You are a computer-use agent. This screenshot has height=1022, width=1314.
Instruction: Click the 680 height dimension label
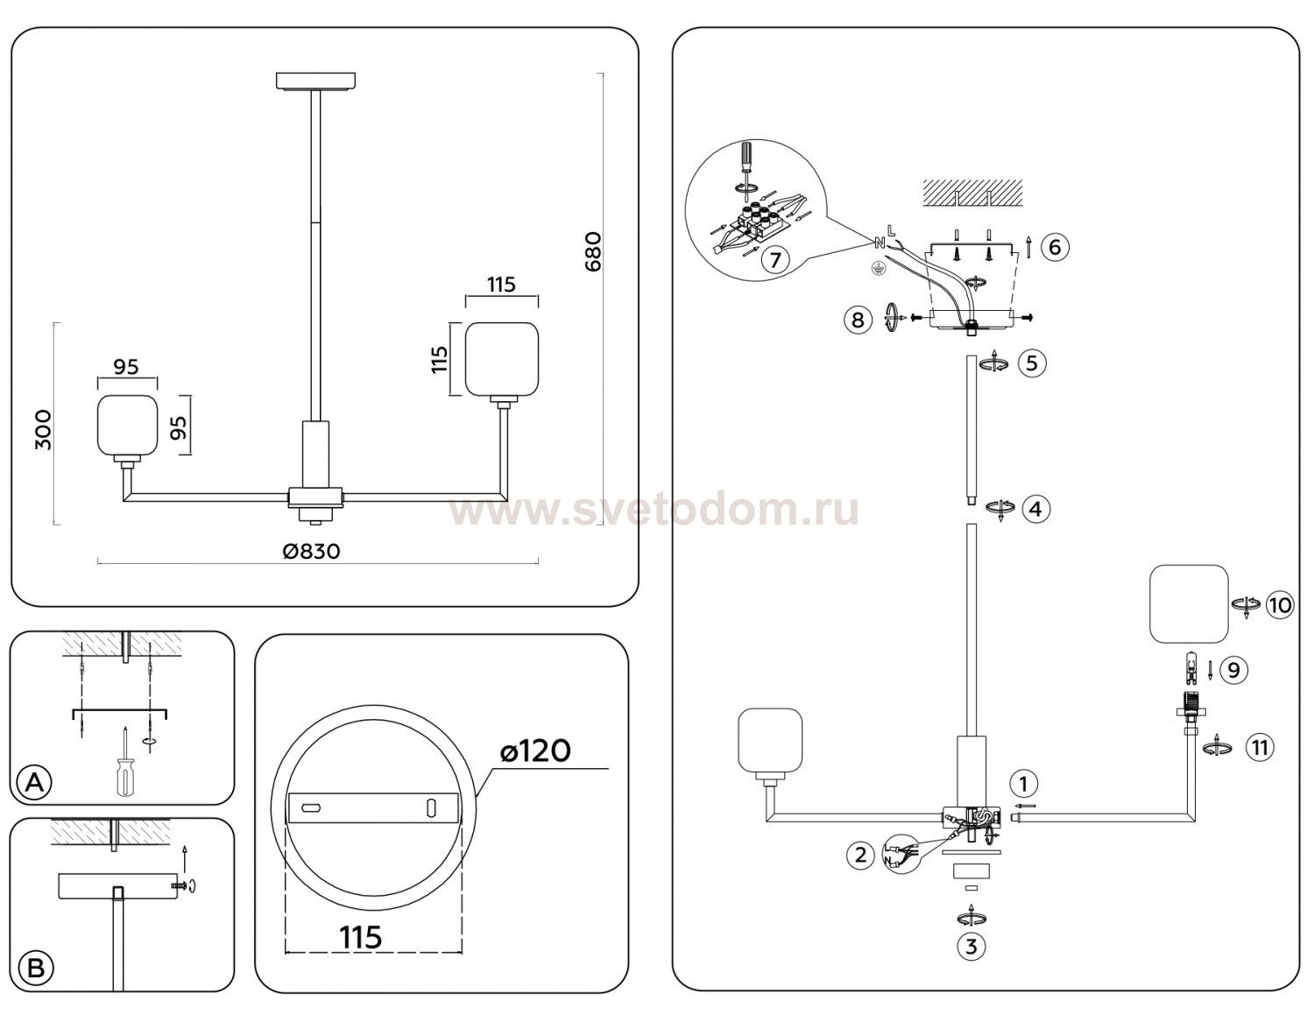[593, 251]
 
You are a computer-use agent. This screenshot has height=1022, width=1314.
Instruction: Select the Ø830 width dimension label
[311, 551]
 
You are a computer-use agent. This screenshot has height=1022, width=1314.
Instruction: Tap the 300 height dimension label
[44, 430]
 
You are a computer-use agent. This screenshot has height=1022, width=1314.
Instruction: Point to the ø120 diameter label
[536, 751]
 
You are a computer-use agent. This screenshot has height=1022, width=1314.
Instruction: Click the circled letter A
[34, 783]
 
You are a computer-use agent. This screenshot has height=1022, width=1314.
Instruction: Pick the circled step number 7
[775, 260]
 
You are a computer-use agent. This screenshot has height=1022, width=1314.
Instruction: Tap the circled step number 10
[1279, 605]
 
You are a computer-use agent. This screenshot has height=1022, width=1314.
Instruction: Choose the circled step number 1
[1023, 785]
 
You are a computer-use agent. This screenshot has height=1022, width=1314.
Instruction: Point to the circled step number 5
[1032, 363]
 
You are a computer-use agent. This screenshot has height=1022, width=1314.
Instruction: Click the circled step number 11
[1260, 748]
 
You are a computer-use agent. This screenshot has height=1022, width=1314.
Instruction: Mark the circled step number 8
[858, 319]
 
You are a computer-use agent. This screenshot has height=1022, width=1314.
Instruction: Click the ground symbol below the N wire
[874, 268]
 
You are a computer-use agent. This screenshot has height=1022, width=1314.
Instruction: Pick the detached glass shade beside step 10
[1189, 603]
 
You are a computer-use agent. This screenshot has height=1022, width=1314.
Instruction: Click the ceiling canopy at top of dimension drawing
[315, 81]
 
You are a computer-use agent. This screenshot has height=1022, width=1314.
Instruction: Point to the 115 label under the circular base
[360, 937]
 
